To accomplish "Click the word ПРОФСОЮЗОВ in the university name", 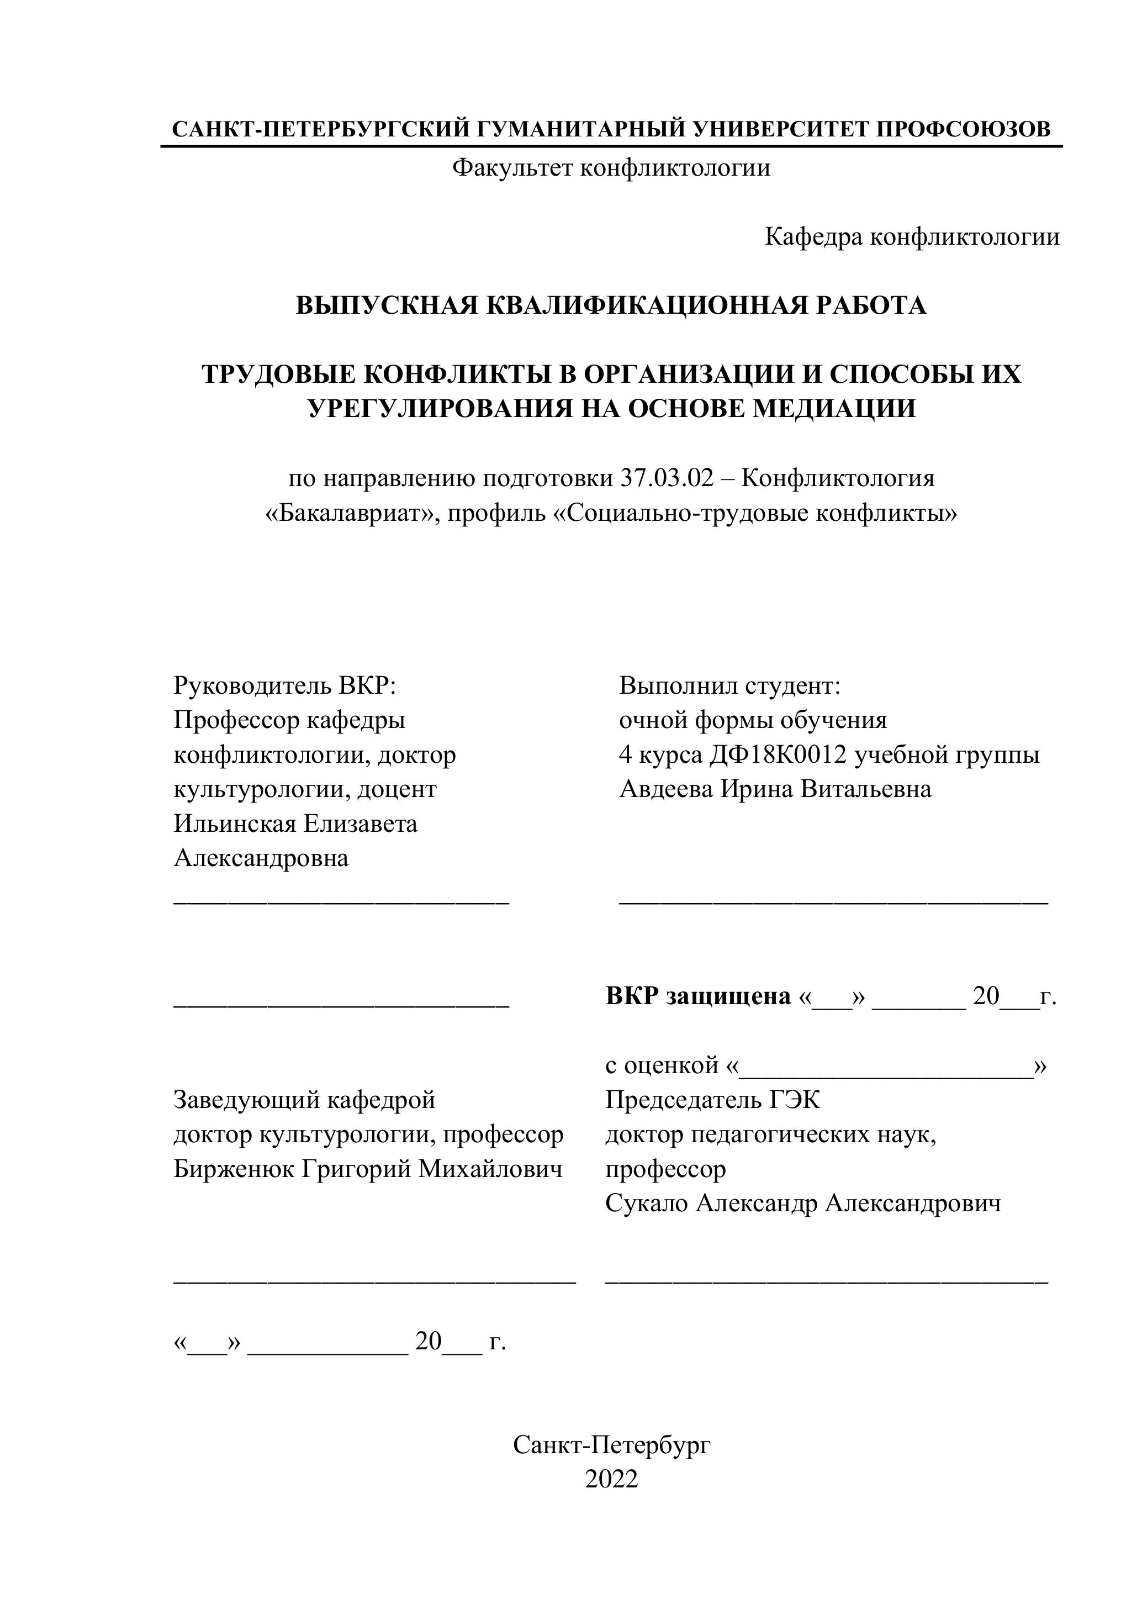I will tap(964, 129).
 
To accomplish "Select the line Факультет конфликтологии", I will tap(611, 168).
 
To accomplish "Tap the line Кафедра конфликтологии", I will tap(912, 237).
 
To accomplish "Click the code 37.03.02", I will tap(666, 478).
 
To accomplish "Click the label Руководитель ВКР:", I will tap(285, 685).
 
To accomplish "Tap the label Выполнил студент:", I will tap(729, 685).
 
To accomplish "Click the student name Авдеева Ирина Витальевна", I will tap(775, 789).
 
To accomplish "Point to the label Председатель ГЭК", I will tap(712, 1100).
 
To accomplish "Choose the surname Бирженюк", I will tap(234, 1169).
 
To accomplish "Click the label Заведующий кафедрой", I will tap(304, 1100).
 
